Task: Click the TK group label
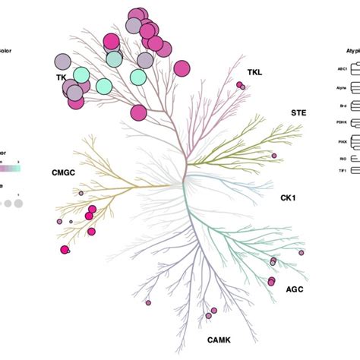[x=61, y=77]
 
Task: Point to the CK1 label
[x=288, y=197]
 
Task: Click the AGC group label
[x=295, y=289]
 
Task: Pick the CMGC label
[x=63, y=172]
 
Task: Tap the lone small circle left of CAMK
[x=148, y=302]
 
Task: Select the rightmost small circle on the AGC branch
[x=301, y=252]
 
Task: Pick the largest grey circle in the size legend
[x=17, y=203]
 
